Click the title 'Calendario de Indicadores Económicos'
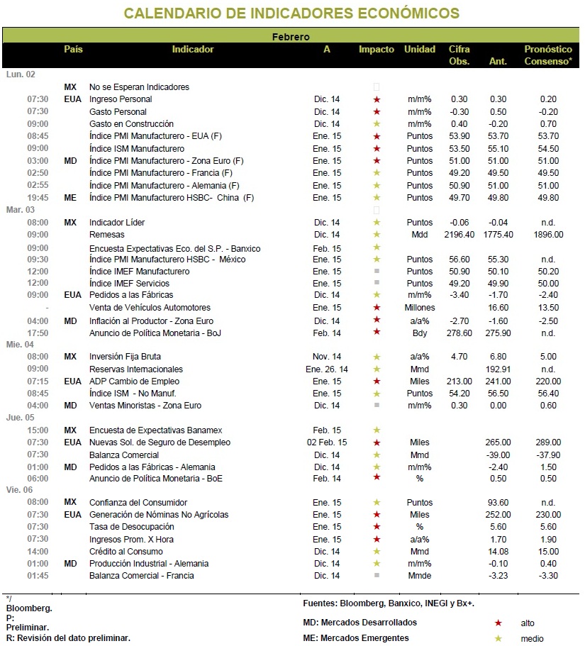click(x=291, y=13)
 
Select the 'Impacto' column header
click(x=376, y=50)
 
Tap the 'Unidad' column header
click(x=419, y=50)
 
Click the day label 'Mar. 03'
click(x=20, y=210)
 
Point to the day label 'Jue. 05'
click(x=20, y=418)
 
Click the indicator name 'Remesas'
click(x=106, y=235)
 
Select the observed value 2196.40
click(x=459, y=235)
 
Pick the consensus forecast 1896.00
click(x=548, y=235)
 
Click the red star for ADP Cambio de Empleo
click(x=377, y=382)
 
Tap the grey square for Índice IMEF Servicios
click(x=377, y=283)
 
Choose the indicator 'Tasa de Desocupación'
click(x=131, y=527)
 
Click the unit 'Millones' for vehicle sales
click(x=419, y=307)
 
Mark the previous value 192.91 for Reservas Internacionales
click(x=498, y=369)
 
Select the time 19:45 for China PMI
click(x=38, y=198)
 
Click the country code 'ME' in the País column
click(x=70, y=198)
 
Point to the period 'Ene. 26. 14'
click(x=327, y=369)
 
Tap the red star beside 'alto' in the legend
click(x=498, y=623)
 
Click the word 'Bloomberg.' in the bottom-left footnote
click(x=29, y=608)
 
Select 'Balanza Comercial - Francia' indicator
click(x=141, y=576)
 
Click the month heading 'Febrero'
click(x=291, y=37)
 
